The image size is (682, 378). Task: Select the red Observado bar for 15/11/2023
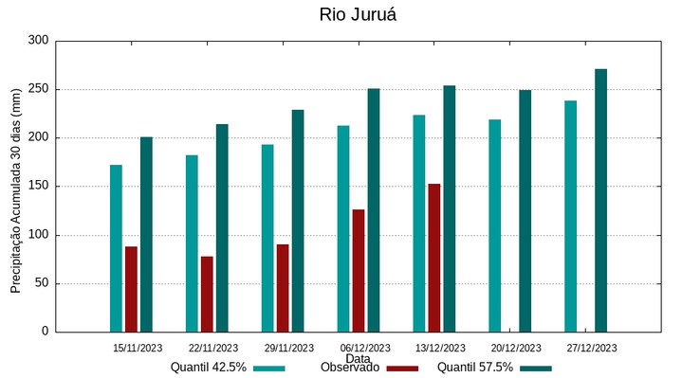coord(131,289)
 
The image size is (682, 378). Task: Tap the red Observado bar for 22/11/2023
coord(207,294)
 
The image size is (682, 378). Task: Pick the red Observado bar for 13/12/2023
coord(434,258)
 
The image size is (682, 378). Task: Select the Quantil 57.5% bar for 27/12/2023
coord(601,200)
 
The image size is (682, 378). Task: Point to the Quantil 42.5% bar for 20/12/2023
coord(495,225)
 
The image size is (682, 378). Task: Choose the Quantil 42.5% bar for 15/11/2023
coord(116,248)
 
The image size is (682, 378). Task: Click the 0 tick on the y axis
coord(45,332)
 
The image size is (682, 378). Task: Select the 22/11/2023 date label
coord(213,348)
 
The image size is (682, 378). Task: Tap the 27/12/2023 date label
coord(592,348)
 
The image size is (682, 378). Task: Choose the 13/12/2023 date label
coord(441,348)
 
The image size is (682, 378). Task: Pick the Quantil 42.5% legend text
coord(209,368)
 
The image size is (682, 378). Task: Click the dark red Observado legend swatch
coord(402,368)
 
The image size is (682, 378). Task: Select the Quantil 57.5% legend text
coord(475,368)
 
